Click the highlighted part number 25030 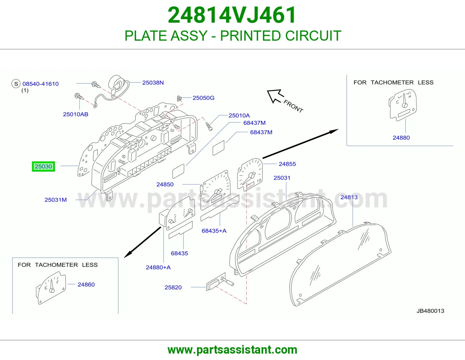click(43, 167)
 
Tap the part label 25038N click(153, 83)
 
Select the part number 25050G click(203, 98)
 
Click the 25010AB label click(76, 114)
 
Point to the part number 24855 click(287, 164)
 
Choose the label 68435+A click(214, 231)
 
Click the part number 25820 click(173, 287)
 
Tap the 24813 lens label click(349, 197)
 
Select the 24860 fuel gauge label click(86, 285)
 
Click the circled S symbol click(16, 84)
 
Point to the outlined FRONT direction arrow click(276, 96)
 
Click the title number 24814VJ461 click(232, 15)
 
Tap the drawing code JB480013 click(430, 311)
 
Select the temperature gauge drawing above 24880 click(403, 105)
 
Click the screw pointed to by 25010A click(209, 126)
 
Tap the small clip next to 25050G click(179, 98)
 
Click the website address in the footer click(233, 350)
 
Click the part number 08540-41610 click(40, 84)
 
